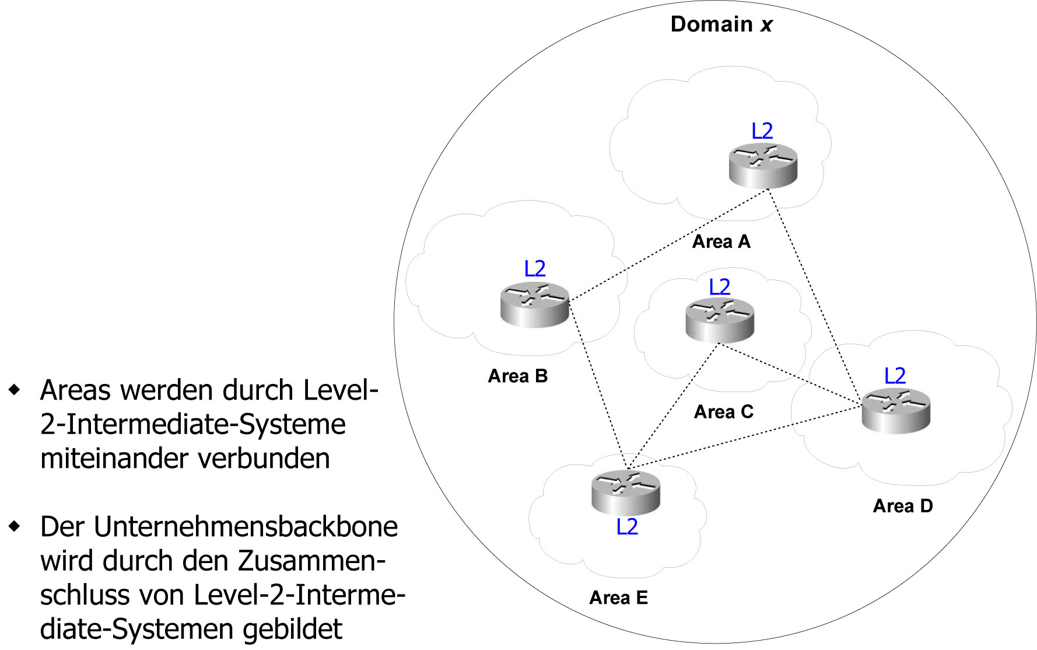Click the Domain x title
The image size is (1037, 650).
pyautogui.click(x=721, y=25)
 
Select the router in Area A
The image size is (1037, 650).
pyautogui.click(x=763, y=166)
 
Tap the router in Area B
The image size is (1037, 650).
pyautogui.click(x=534, y=304)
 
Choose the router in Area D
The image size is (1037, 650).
pyautogui.click(x=896, y=410)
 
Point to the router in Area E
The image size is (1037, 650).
pyautogui.click(x=626, y=492)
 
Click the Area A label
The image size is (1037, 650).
pyautogui.click(x=721, y=242)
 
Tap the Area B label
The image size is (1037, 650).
pyautogui.click(x=518, y=376)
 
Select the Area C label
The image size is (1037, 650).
pyautogui.click(x=723, y=412)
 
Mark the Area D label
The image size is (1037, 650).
pyautogui.click(x=903, y=506)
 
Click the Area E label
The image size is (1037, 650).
pyautogui.click(x=618, y=597)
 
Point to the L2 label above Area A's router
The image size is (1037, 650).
pyautogui.click(x=762, y=131)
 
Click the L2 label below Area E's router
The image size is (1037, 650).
pyautogui.click(x=627, y=527)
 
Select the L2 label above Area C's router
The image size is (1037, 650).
pyautogui.click(x=719, y=286)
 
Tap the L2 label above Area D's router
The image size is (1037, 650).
pyautogui.click(x=895, y=375)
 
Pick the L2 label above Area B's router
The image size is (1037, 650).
pyautogui.click(x=535, y=268)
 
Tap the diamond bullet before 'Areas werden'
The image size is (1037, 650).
pyautogui.click(x=15, y=389)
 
